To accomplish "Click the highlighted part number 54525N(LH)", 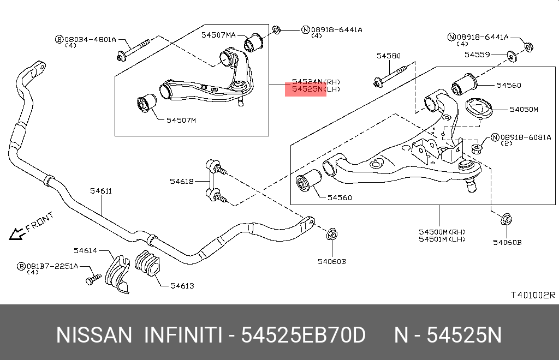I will (x=306, y=89).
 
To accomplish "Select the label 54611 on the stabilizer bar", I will (x=101, y=191).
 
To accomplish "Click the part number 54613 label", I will (x=182, y=285).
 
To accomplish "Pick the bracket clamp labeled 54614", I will (x=117, y=273).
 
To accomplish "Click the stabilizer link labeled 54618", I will (x=212, y=181).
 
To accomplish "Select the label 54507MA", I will (x=218, y=35).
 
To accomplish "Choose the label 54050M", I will (x=524, y=110).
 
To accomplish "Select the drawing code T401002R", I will (x=532, y=295).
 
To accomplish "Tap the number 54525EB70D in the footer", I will (x=303, y=335).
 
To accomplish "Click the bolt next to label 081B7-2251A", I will (x=92, y=279).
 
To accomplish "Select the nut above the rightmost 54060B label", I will (x=505, y=220).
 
